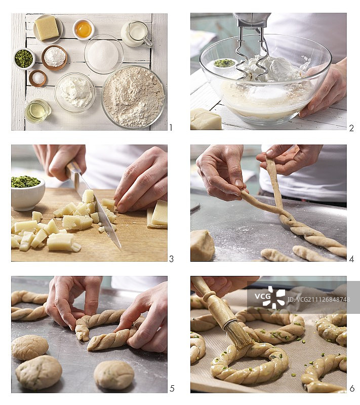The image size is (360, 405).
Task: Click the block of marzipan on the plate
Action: (x=47, y=28)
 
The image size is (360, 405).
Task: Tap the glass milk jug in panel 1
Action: (x=136, y=34)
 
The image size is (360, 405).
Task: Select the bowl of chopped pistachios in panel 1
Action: (x=24, y=59)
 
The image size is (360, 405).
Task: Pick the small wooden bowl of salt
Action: (x=37, y=78)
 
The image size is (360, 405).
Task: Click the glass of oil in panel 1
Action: (x=38, y=111)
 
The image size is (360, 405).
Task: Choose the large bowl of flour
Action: (x=133, y=97)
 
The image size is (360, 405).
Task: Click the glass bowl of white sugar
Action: (x=104, y=54)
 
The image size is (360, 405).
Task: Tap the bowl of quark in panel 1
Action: (x=75, y=92)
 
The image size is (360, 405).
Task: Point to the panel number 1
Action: (x=171, y=128)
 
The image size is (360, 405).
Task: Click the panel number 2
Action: (x=351, y=128)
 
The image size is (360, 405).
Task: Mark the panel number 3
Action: (x=171, y=259)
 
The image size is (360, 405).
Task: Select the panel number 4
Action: (x=351, y=259)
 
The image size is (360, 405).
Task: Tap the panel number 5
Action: (x=172, y=388)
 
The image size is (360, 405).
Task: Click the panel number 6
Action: (x=352, y=388)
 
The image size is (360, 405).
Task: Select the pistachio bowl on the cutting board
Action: (x=27, y=193)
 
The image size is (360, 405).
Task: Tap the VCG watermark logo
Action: (x=270, y=297)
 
